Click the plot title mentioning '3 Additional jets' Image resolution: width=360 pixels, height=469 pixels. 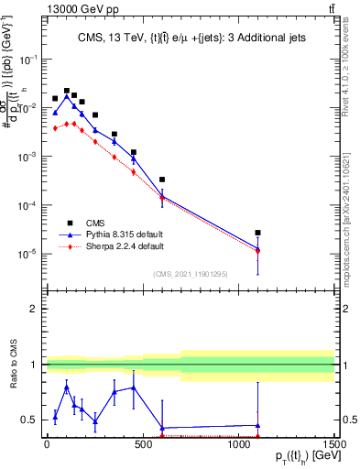(x=191, y=38)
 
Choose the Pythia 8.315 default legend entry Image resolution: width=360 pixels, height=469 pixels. (x=117, y=234)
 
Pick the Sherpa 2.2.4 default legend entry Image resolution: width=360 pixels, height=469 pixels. (x=117, y=246)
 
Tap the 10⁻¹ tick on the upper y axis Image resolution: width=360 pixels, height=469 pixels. (x=27, y=59)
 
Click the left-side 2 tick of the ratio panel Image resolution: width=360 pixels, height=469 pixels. (x=33, y=309)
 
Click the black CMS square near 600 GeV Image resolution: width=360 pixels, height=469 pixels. (x=161, y=180)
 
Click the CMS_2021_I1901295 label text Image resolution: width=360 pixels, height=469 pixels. (x=191, y=273)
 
